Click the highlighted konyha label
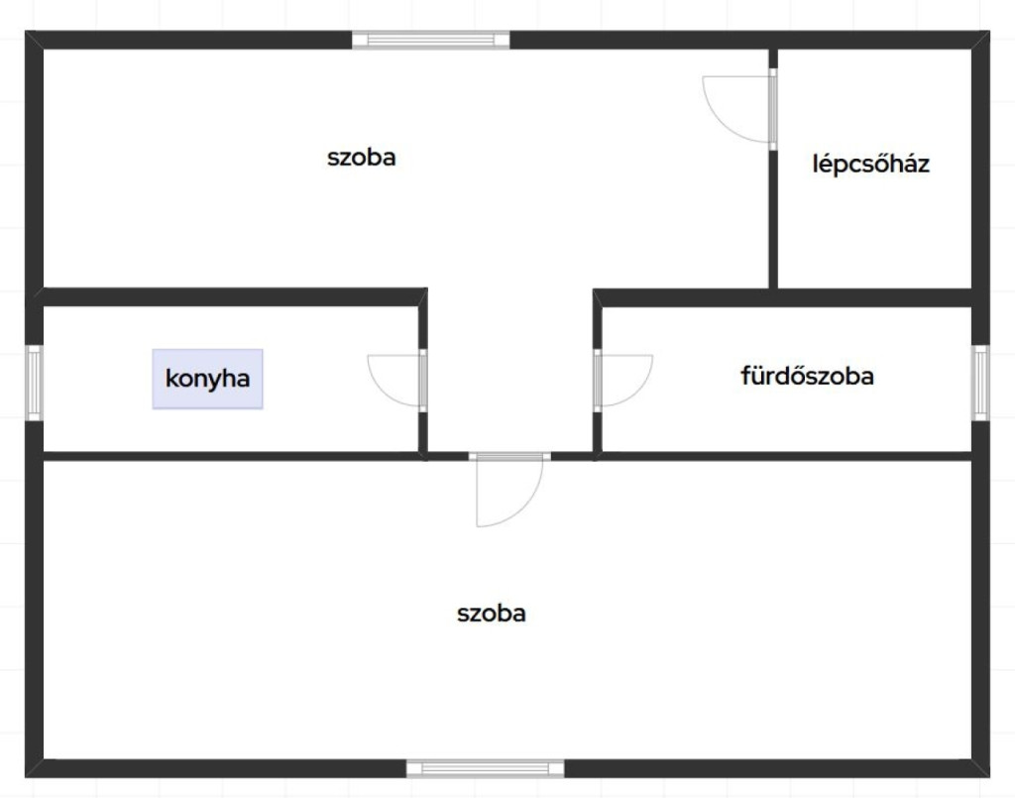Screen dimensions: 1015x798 207,379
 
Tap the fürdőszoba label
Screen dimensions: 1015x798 807,376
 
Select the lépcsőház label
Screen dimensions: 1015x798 870,164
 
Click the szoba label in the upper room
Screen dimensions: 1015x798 361,158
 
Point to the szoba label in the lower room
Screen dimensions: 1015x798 492,613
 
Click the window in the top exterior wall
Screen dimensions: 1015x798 430,40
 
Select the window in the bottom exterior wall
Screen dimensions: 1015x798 485,769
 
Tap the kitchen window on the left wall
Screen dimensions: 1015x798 35,383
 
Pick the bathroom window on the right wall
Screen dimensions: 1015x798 980,383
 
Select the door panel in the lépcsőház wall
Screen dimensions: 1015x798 773,109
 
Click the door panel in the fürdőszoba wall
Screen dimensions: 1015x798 598,381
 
